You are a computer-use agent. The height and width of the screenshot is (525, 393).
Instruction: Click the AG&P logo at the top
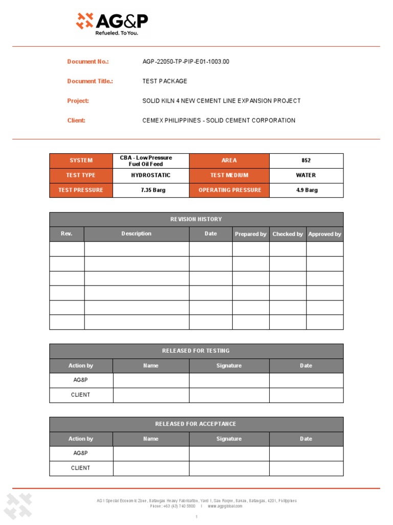[x=112, y=23]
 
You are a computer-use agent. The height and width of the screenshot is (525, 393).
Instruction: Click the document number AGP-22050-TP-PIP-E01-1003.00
[x=186, y=62]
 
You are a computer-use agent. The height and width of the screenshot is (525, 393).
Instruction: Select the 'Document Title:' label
[x=90, y=81]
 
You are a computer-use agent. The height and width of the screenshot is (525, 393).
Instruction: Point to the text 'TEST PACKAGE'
[x=165, y=81]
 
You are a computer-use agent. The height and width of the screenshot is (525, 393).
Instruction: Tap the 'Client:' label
[x=76, y=120]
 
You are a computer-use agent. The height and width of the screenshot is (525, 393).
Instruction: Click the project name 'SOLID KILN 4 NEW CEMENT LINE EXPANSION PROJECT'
[x=221, y=101]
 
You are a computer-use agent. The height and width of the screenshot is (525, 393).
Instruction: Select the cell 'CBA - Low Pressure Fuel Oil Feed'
[x=146, y=161]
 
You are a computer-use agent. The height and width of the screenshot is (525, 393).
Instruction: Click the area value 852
[x=306, y=160]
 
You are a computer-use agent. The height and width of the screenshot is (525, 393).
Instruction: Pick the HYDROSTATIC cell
[x=150, y=175]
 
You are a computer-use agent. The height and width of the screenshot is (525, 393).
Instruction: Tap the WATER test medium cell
[x=306, y=175]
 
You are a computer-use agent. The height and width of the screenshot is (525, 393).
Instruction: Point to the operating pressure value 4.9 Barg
[x=307, y=190]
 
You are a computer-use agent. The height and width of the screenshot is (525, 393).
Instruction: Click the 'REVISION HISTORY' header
[x=196, y=219]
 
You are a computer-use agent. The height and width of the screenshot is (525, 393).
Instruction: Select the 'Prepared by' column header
[x=250, y=234]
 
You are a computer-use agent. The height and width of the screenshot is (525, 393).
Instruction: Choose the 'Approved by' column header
[x=324, y=234]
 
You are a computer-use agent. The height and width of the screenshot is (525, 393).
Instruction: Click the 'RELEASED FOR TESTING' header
[x=196, y=351]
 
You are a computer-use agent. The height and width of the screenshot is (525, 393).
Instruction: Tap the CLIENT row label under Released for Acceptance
[x=81, y=468]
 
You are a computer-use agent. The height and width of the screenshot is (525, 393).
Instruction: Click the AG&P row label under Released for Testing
[x=81, y=380]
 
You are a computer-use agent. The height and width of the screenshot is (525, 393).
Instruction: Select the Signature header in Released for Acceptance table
[x=229, y=439]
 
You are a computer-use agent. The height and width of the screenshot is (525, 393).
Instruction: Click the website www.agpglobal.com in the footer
[x=225, y=506]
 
